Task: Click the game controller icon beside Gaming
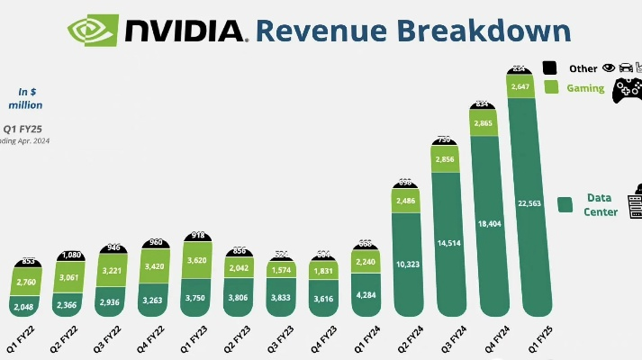tap(627, 90)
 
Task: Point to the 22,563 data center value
tap(529, 202)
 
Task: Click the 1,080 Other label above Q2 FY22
tap(73, 255)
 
